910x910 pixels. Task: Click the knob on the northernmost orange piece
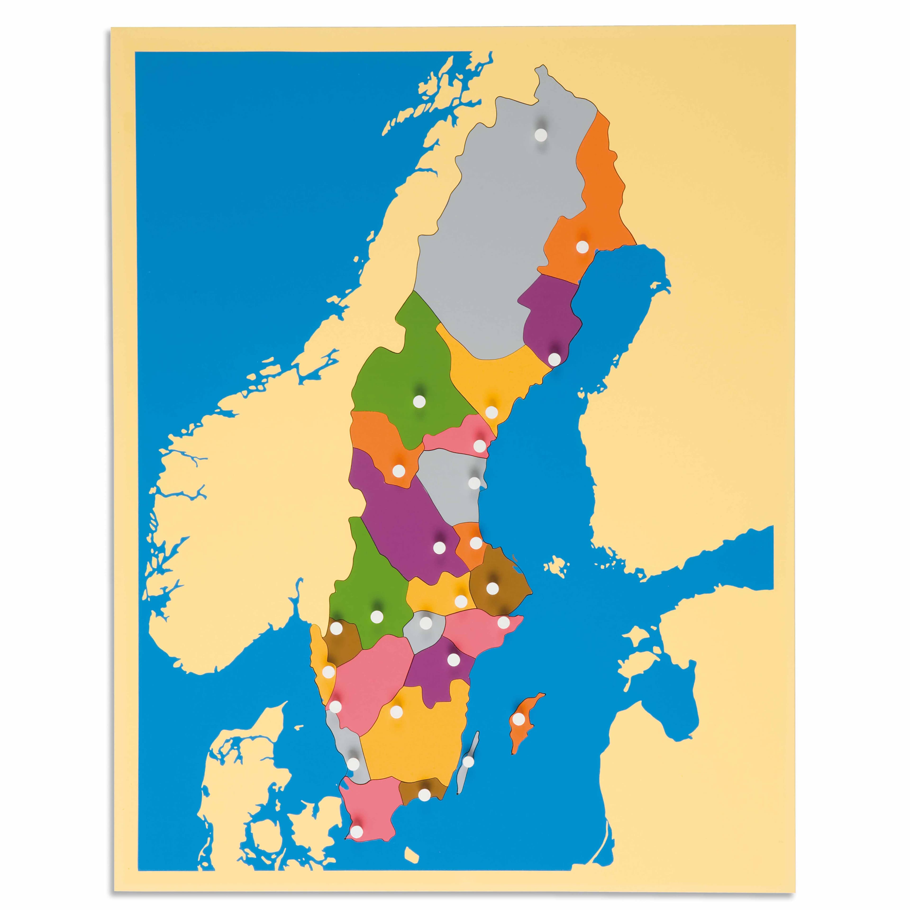[x=582, y=246]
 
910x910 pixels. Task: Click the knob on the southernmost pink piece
[x=357, y=856]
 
